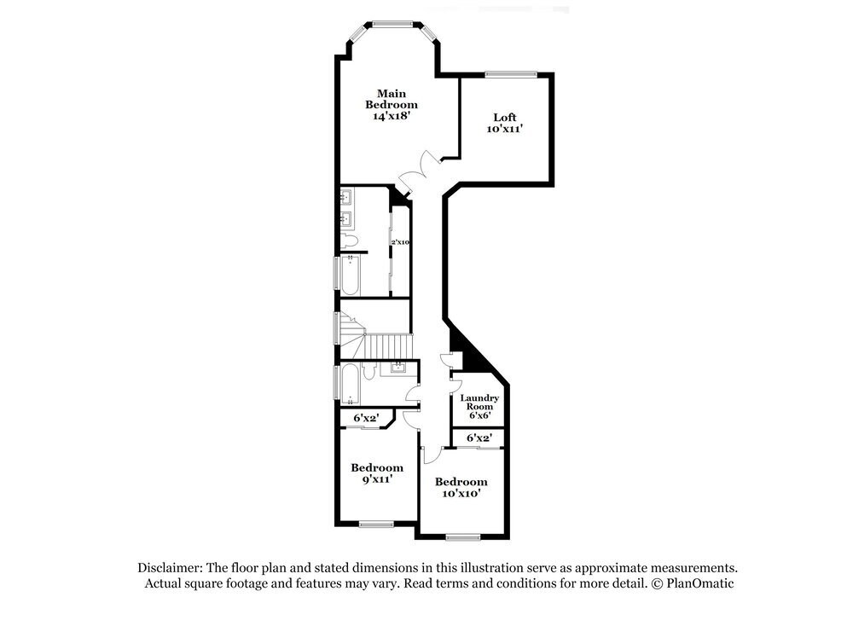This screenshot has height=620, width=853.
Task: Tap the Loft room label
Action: (504, 123)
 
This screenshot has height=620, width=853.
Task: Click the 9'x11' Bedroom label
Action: (377, 472)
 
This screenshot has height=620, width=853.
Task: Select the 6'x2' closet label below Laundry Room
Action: (479, 437)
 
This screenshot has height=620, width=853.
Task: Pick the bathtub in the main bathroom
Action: (350, 275)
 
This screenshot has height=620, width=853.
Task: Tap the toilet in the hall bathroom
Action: (369, 373)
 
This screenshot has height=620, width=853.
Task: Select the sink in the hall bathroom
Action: (398, 368)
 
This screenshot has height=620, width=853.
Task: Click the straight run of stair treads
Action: (389, 347)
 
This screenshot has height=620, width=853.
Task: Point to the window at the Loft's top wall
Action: (510, 74)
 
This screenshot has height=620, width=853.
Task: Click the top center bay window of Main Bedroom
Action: (393, 23)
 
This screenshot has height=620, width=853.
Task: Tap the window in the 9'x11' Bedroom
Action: (374, 524)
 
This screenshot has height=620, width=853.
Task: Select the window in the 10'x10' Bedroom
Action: (462, 537)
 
